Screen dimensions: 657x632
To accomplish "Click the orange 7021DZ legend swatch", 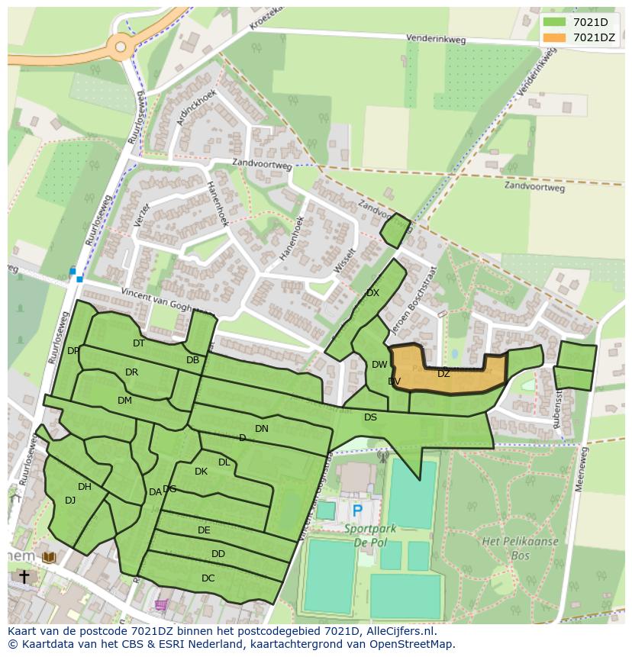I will tap(554, 37).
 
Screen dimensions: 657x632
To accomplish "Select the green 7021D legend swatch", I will tap(554, 22).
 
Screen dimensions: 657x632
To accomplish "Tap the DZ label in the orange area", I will tap(443, 374).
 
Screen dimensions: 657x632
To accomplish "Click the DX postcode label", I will tap(372, 293).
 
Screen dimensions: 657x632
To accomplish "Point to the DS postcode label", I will tap(370, 417).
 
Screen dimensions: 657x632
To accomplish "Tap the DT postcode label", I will tap(138, 343).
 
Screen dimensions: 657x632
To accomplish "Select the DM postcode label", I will tap(124, 401).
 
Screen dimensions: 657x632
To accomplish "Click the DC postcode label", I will tap(208, 578).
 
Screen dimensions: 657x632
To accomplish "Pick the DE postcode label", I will tap(204, 530).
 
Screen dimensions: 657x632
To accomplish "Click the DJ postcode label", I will tap(70, 501).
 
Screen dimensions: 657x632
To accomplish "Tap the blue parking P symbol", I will tap(356, 510).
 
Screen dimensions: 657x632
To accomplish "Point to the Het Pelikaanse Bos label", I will tap(520, 548).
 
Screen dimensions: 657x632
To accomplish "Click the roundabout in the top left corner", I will tap(121, 47).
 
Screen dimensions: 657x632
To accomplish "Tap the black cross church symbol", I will tap(24, 577).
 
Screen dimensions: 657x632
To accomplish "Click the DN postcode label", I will tap(262, 429).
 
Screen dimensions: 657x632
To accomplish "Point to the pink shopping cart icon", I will tap(161, 605).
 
